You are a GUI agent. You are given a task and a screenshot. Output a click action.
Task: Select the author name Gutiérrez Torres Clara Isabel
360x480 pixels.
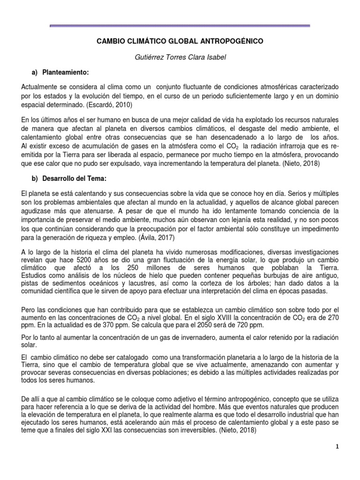180,57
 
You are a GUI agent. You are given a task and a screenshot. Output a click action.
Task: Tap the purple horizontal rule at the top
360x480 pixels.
180,25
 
